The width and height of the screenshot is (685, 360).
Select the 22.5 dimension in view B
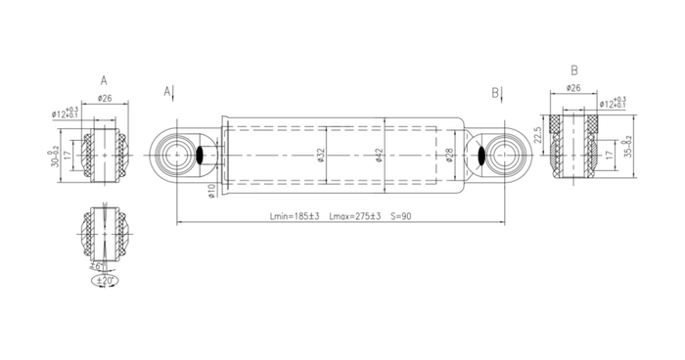coord(538,133)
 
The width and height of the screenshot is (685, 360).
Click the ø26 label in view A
coord(105,98)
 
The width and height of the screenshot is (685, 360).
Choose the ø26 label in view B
coord(573,87)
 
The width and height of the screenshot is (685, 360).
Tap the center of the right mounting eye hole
coord(506,155)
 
